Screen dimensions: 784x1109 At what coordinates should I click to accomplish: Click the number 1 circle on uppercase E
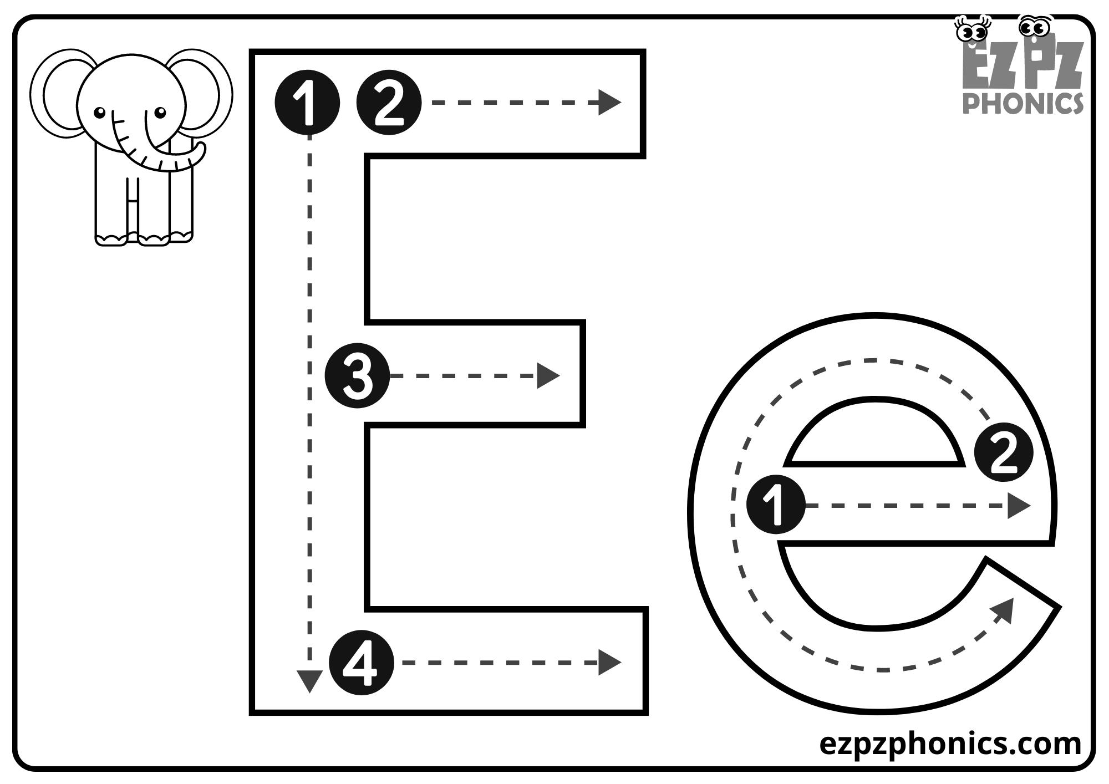[x=307, y=102]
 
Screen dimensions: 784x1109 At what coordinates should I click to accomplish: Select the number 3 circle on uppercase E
[x=357, y=376]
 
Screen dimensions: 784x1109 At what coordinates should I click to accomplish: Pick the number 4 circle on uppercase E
[x=362, y=662]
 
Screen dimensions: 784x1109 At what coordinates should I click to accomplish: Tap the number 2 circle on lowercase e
[x=1004, y=452]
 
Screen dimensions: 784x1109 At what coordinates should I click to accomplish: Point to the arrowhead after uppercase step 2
[x=609, y=103]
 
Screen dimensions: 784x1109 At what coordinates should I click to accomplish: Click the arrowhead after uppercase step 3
[x=548, y=376]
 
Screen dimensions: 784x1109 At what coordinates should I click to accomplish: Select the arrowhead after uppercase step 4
[x=609, y=662]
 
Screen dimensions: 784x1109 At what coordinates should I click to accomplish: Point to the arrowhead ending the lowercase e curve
[x=1005, y=609]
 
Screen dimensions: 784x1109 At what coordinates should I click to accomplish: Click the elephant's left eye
[x=99, y=113]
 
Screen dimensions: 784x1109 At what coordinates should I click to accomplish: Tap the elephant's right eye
[x=160, y=113]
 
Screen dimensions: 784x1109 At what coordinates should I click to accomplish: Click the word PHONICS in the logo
[x=1022, y=103]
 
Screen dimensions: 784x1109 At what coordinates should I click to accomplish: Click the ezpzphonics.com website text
[x=950, y=744]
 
